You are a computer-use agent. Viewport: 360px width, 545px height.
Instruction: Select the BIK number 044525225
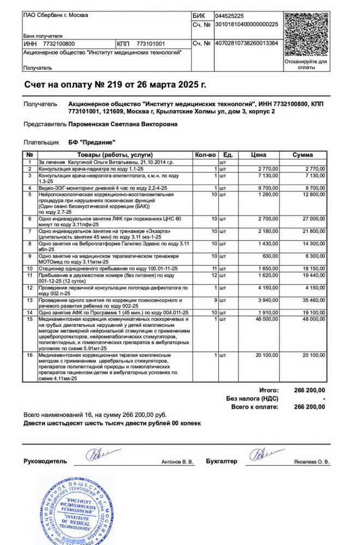tap(230, 16)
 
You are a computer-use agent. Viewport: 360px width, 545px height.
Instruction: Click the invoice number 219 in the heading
tap(112, 85)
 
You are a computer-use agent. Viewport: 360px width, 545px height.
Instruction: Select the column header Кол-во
tap(206, 155)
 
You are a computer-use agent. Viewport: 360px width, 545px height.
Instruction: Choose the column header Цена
tap(259, 155)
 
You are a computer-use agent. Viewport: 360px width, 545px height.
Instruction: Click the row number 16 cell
tap(31, 355)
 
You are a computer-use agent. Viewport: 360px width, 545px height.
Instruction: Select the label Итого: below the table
tap(269, 390)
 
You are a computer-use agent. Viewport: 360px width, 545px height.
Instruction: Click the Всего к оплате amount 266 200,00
tap(309, 407)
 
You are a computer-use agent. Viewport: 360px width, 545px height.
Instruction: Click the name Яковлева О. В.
tap(312, 462)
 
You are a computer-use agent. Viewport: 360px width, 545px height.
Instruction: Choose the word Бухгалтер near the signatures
tap(221, 462)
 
